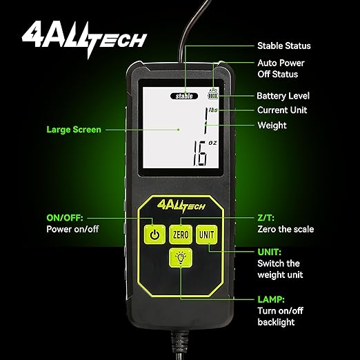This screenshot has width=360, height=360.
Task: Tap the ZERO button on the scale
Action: (181, 234)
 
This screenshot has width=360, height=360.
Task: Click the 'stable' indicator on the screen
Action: (186, 97)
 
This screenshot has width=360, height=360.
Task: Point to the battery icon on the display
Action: (212, 95)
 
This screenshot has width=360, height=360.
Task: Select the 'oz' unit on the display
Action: (212, 145)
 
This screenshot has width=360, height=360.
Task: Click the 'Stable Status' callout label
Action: (283, 46)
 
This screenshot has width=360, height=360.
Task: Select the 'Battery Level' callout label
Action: (283, 96)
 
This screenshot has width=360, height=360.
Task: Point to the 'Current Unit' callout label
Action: (282, 110)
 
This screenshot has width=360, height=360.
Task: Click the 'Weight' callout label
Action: (272, 126)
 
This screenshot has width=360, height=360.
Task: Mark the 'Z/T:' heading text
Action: (267, 217)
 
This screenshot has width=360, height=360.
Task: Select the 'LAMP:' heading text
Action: (271, 300)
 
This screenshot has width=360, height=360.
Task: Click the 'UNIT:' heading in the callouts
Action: (269, 252)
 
